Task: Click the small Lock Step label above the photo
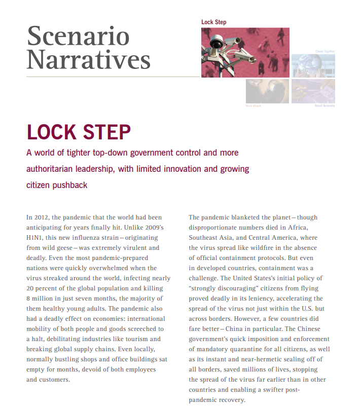tap(213, 22)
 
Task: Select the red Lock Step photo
tap(245, 52)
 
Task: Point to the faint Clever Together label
tap(324, 51)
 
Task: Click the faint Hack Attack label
tap(253, 105)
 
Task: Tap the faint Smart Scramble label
tap(324, 105)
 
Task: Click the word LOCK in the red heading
tap(52, 132)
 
